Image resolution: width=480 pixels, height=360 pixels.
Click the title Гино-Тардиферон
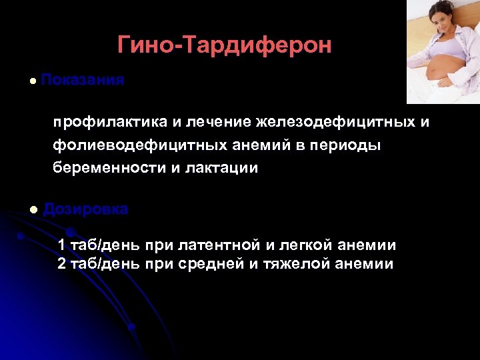click(224, 45)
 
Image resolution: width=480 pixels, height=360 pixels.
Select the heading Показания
click(83, 80)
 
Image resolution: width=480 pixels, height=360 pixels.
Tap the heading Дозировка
click(85, 209)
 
